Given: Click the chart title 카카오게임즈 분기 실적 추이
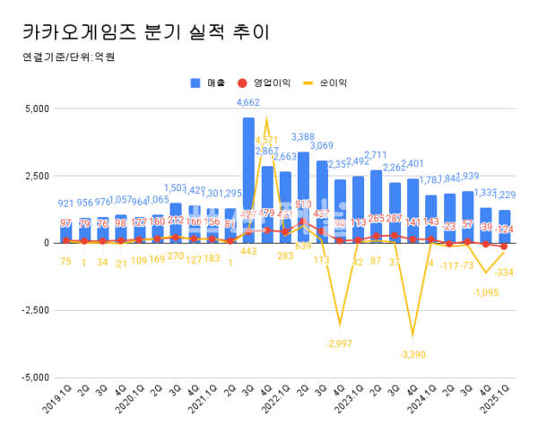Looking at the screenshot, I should point(143,33).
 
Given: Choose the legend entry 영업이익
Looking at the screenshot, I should point(271,83).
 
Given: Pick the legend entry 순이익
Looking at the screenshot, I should point(330,83).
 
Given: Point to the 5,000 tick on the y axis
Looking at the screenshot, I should point(36,108).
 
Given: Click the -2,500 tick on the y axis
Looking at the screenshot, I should point(34,310).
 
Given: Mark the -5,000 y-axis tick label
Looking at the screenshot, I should point(34,378).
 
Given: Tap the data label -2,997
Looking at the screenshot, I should point(340,344).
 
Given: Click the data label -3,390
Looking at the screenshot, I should point(412,355).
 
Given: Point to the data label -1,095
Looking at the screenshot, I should point(486,292).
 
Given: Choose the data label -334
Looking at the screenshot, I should point(504,273).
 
